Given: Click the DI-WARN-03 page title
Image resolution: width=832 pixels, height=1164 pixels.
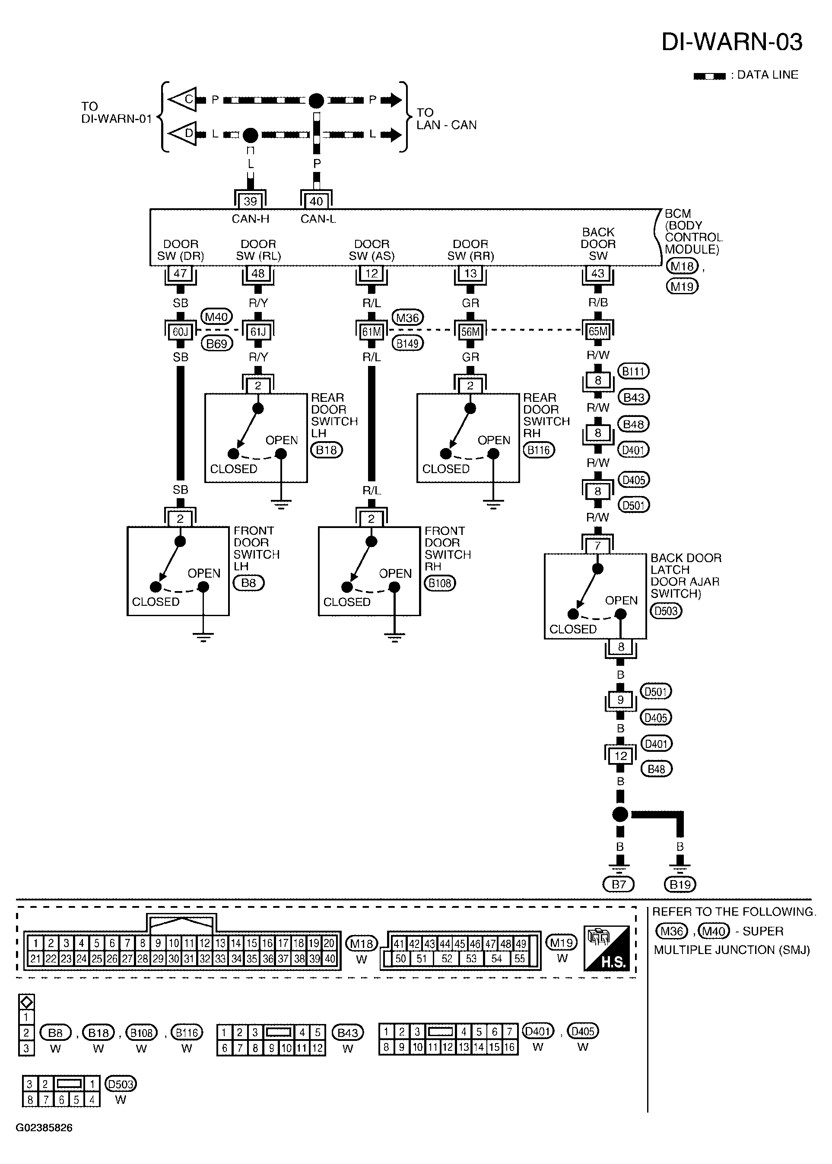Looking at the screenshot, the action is point(732,42).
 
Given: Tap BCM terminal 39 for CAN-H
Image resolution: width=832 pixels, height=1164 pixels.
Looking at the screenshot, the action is point(250,201).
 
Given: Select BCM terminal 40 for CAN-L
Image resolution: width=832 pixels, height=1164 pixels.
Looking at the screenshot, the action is point(316,201).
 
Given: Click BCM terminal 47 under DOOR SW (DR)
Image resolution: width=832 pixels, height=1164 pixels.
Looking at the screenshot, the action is point(180,273).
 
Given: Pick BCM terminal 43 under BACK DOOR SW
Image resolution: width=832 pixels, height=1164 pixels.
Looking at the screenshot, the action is point(598,273).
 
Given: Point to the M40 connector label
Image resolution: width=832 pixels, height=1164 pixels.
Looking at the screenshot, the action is point(216,317).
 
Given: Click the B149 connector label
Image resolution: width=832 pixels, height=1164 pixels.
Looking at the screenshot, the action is point(408,343).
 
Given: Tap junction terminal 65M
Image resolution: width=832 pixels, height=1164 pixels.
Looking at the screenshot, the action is point(598,331).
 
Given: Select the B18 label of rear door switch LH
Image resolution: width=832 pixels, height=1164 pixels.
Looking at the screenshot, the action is point(326,450).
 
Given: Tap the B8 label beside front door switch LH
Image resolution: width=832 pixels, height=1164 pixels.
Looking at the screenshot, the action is point(248,582).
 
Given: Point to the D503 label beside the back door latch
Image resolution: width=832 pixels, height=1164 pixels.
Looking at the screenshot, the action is point(666,611).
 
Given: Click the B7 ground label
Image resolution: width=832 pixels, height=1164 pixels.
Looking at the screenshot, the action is point(619,884).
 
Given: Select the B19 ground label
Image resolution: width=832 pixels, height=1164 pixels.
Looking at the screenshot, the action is point(680,884).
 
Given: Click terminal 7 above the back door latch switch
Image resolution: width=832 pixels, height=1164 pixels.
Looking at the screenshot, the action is point(597,546).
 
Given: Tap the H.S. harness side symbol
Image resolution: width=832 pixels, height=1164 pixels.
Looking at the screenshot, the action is point(607,948).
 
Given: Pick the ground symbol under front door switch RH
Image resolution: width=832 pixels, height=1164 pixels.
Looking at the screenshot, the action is point(394,637).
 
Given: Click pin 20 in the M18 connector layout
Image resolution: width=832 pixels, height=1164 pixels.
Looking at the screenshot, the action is point(329,943).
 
